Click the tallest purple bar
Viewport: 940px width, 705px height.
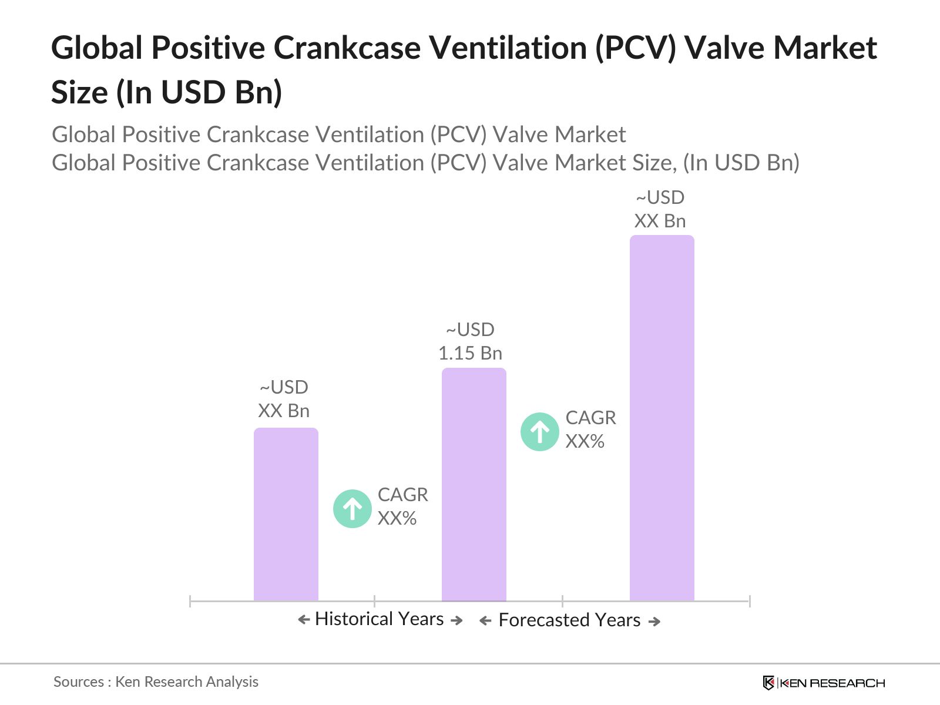pyautogui.click(x=662, y=417)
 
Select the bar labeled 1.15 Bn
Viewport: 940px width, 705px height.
pyautogui.click(x=474, y=485)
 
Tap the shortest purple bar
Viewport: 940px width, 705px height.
pyautogui.click(x=286, y=514)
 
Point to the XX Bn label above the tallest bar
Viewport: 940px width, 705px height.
pyautogui.click(x=660, y=210)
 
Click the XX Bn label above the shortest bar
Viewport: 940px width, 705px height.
pyautogui.click(x=284, y=399)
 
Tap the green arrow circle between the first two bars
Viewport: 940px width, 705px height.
pyautogui.click(x=352, y=508)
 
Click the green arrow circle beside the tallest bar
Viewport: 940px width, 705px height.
pyautogui.click(x=539, y=432)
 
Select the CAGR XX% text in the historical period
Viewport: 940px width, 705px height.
pyautogui.click(x=402, y=506)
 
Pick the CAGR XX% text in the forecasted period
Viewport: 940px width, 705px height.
pyautogui.click(x=590, y=429)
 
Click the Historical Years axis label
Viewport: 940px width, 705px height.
pyautogui.click(x=379, y=619)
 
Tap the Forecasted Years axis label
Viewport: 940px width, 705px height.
pyautogui.click(x=569, y=620)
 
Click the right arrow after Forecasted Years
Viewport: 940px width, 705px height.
pyautogui.click(x=654, y=622)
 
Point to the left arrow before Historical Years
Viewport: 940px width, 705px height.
pyautogui.click(x=304, y=619)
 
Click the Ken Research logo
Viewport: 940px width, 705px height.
pyautogui.click(x=824, y=683)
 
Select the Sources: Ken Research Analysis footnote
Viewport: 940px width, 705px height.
pyautogui.click(x=156, y=681)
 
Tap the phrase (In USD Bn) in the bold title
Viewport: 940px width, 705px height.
pyautogui.click(x=199, y=93)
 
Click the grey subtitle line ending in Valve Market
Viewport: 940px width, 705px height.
pyautogui.click(x=338, y=135)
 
